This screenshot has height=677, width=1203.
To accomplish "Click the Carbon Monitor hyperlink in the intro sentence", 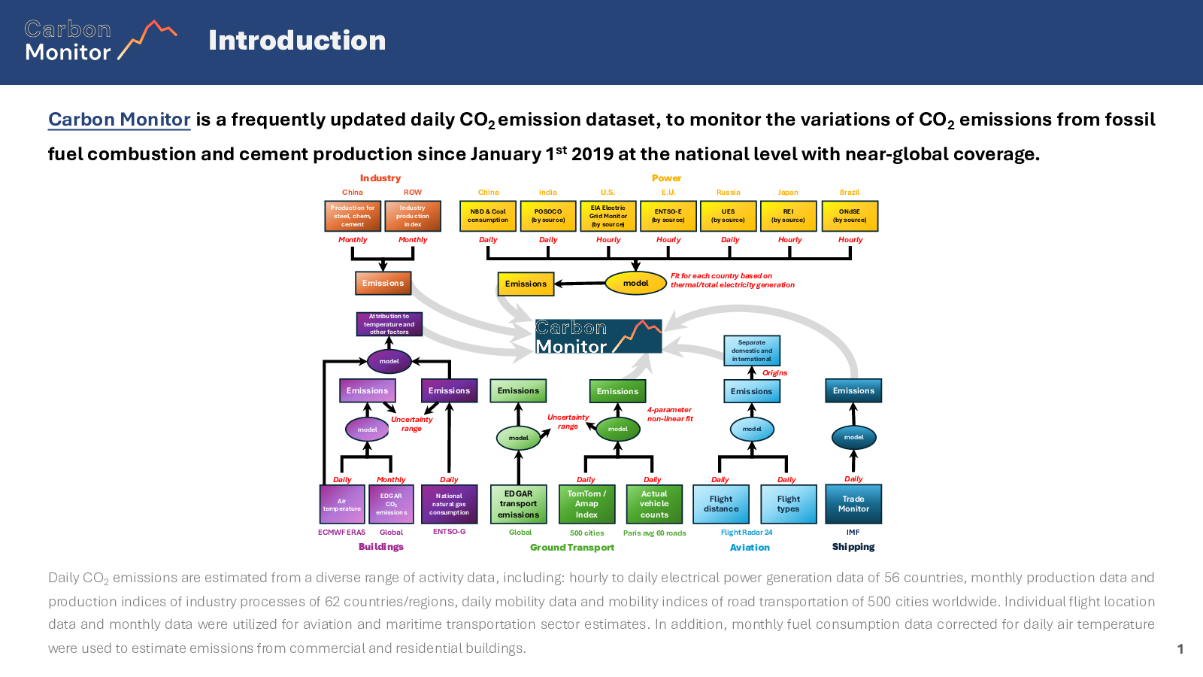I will point(119,120).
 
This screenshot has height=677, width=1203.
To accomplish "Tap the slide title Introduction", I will point(297,41).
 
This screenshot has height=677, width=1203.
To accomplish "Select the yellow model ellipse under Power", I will point(635,283).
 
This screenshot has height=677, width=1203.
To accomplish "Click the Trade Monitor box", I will point(853,504).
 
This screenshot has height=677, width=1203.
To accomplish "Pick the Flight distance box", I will point(721,504).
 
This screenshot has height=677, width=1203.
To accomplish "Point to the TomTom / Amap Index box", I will point(586,504).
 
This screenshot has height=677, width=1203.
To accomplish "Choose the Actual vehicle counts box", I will point(654,504).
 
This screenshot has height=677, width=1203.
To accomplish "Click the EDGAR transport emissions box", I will point(518,504).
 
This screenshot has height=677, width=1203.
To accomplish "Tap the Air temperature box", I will point(342,504).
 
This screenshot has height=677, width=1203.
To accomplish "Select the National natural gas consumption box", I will point(449,504).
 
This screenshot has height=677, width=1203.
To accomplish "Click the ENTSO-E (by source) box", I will point(668,216).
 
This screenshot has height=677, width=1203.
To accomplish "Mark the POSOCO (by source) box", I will point(548,216).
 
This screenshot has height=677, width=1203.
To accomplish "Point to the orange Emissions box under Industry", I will point(383,283).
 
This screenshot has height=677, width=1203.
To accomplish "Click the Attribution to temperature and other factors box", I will point(389,324).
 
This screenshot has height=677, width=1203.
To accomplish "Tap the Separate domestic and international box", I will point(752,351).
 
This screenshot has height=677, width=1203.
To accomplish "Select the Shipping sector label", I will point(853,547).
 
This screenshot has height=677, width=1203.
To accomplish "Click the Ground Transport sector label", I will point(572,548).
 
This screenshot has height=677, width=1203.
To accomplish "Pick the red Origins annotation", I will point(774,373).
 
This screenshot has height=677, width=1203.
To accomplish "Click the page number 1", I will point(1180,649).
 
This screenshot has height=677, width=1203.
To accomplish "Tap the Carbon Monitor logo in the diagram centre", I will point(598,336).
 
